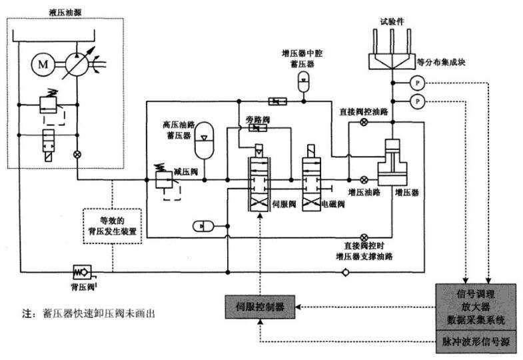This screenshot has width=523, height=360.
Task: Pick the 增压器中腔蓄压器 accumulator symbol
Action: [304, 79]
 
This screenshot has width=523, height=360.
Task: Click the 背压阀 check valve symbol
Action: [82, 271]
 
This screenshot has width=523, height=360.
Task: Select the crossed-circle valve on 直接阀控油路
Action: [363, 123]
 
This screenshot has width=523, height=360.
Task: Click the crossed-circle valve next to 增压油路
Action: [364, 179]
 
